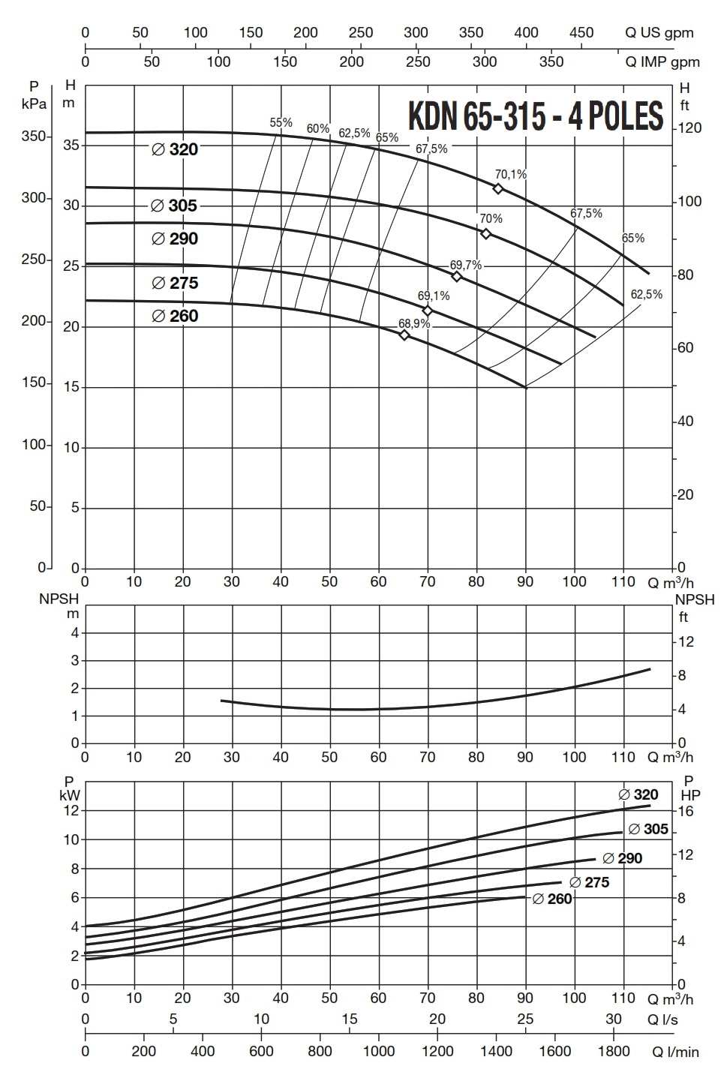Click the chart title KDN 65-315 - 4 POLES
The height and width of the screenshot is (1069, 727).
tap(536, 116)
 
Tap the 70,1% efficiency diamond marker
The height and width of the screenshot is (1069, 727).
tap(497, 188)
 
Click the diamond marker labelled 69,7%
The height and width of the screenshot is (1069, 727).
tap(457, 277)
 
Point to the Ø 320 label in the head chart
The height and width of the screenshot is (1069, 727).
tap(175, 150)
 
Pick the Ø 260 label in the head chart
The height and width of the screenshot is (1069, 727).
tap(175, 317)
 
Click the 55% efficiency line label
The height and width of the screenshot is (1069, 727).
tap(281, 122)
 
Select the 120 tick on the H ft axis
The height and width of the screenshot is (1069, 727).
tap(690, 128)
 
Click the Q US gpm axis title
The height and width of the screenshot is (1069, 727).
tap(659, 33)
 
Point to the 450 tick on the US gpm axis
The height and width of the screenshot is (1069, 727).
tap(581, 33)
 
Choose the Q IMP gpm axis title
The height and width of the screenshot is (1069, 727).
tap(662, 62)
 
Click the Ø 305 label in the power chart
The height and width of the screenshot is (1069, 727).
tap(647, 830)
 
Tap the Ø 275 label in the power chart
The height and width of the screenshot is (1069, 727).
tap(589, 883)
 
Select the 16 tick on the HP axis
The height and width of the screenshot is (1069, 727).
tap(686, 812)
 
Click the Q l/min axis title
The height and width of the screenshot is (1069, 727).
tap(675, 1052)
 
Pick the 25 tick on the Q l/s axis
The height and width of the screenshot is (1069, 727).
tap(525, 1019)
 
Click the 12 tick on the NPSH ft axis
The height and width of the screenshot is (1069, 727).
tap(686, 642)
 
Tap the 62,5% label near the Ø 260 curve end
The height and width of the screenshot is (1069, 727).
tap(646, 295)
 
